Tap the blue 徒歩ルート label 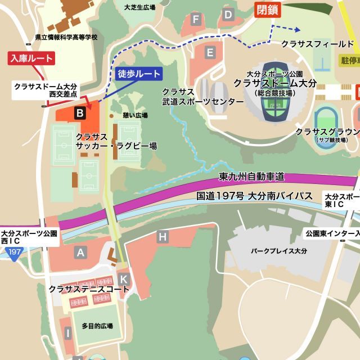pyautogui.click(x=138, y=73)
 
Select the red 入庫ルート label pyautogui.click(x=31, y=58)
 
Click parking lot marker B pyautogui.click(x=80, y=114)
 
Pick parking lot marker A pyautogui.click(x=80, y=253)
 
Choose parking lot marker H pyautogui.click(x=163, y=237)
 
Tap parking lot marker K pyautogui.click(x=124, y=278)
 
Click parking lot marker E pyautogui.click(x=210, y=53)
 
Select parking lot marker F pyautogui.click(x=196, y=20)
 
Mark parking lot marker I pyautogui.click(x=67, y=334)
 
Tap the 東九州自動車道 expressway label pyautogui.click(x=251, y=177)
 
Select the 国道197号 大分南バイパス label pyautogui.click(x=254, y=196)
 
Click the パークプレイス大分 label pyautogui.click(x=279, y=251)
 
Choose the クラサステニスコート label pyautogui.click(x=89, y=289)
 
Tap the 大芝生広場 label pyautogui.click(x=139, y=7)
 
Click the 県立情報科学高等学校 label pyautogui.click(x=66, y=38)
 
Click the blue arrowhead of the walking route pyautogui.click(x=296, y=28)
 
